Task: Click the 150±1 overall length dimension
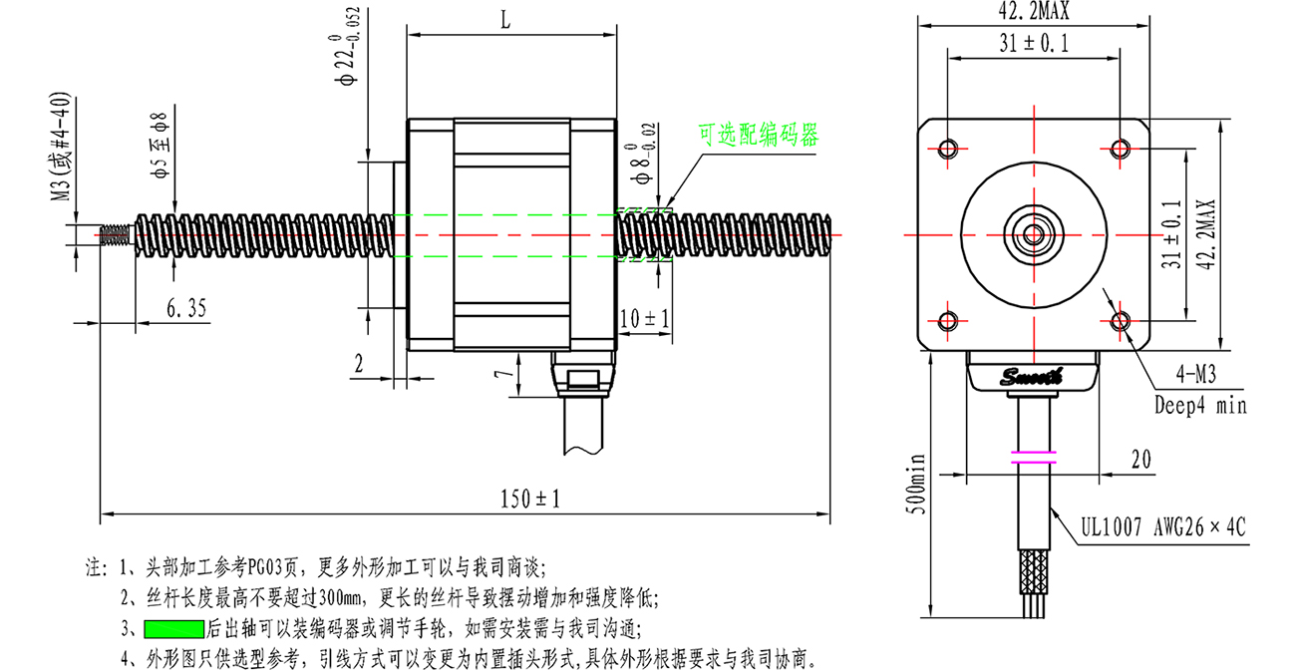click(530, 499)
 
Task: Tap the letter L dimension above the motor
click(505, 21)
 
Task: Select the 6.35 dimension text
click(186, 308)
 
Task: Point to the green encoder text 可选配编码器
click(759, 135)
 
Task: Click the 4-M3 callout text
click(1196, 374)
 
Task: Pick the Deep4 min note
click(1200, 405)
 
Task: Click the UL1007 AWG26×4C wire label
click(1163, 527)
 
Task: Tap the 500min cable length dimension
click(916, 484)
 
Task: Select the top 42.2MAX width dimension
click(1034, 11)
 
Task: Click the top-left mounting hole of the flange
click(948, 149)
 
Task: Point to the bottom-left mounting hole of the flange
click(948, 320)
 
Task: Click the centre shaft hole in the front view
click(1034, 235)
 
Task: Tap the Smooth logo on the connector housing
click(1032, 377)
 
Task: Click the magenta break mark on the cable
click(1034, 457)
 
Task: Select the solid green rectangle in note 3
click(174, 629)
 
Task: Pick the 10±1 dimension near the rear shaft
click(645, 318)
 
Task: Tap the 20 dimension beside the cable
click(1140, 460)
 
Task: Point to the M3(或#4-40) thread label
click(62, 147)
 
